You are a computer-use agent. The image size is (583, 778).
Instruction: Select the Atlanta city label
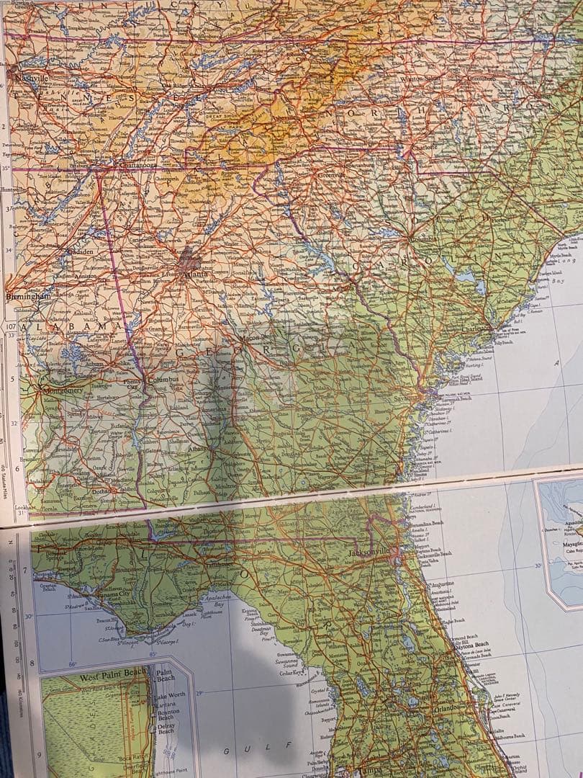coord(194,274)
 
